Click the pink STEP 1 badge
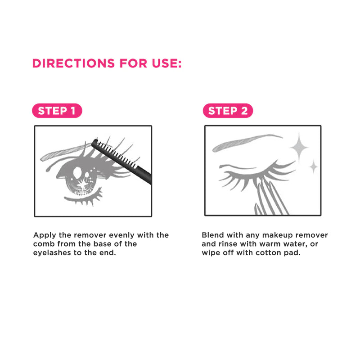[x=57, y=111]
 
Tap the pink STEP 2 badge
[x=228, y=111]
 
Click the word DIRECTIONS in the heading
[x=73, y=63]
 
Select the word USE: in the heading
[x=166, y=63]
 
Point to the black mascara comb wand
[x=121, y=161]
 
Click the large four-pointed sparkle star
[x=299, y=148]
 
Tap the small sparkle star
[x=314, y=166]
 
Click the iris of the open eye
[x=81, y=179]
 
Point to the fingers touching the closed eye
[x=271, y=198]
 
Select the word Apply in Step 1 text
[x=45, y=235]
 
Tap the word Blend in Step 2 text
[x=213, y=235]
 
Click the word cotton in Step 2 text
[x=268, y=253]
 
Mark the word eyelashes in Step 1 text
[x=52, y=253]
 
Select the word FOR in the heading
[x=133, y=63]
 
